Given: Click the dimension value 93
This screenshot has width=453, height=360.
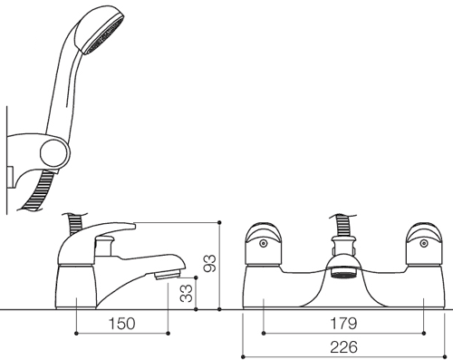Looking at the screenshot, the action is (210, 264).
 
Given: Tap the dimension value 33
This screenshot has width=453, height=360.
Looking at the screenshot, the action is (186, 293).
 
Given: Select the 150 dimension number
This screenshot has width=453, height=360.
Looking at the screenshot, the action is (122, 324).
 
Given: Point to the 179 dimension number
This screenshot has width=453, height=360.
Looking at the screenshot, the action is (343, 324).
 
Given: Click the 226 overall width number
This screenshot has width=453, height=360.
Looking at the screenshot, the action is (343, 347).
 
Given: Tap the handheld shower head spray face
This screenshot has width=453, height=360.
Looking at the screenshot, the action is (106, 35).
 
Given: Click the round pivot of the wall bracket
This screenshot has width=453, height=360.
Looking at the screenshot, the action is (55, 153).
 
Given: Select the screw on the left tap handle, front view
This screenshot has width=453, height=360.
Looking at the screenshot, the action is (264, 243).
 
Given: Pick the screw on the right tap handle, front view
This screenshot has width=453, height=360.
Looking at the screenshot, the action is (424, 243).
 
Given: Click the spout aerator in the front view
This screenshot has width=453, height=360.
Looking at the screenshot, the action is (343, 275).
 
